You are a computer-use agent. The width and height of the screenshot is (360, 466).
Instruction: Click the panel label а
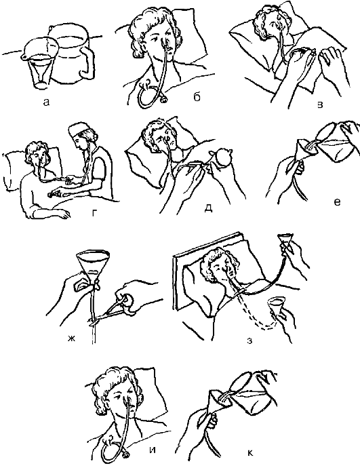pyautogui.click(x=45, y=102)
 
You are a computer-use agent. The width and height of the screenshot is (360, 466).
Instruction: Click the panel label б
pyautogui.click(x=197, y=97)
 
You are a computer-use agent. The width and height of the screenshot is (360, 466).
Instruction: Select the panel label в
pyautogui.click(x=320, y=105)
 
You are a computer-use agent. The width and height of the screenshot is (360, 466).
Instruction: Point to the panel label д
pyautogui.click(x=209, y=208)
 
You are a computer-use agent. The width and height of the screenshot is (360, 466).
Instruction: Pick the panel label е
pyautogui.click(x=337, y=202)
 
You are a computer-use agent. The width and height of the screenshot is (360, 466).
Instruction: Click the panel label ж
pyautogui.click(x=71, y=338)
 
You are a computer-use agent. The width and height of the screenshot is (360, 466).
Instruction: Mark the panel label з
pyautogui.click(x=249, y=341)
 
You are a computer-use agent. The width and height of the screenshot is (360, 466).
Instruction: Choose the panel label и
pyautogui.click(x=152, y=450)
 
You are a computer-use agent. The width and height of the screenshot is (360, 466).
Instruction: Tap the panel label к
pyautogui.click(x=249, y=452)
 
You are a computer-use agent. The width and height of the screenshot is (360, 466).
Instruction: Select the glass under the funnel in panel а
pyautogui.click(x=41, y=72)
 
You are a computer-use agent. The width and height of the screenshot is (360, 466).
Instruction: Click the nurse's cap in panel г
pyautogui.click(x=78, y=130)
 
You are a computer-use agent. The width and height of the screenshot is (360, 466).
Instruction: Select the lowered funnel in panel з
pyautogui.click(x=276, y=306)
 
